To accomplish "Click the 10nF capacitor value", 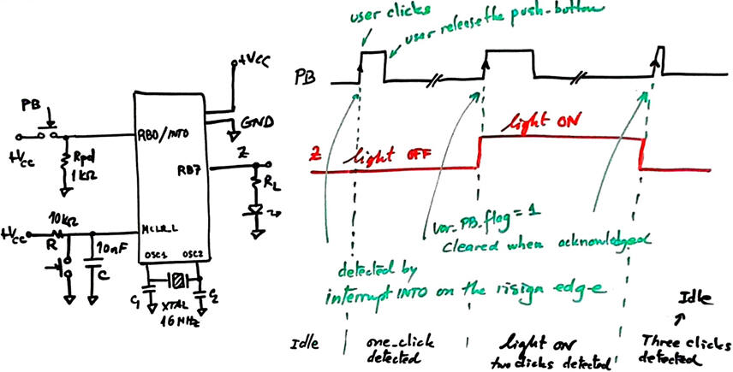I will (x=110, y=249).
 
